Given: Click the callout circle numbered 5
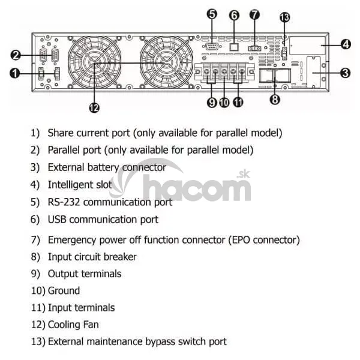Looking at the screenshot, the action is [x=212, y=14].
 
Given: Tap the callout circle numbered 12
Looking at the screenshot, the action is [x=94, y=107].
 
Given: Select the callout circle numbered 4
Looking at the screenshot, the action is [x=346, y=44].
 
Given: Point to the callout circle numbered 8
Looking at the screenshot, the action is [x=275, y=100].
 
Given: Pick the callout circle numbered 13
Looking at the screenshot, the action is [x=284, y=17].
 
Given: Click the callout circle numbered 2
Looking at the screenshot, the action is [x=16, y=55].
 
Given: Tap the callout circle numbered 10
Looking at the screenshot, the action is [x=224, y=103].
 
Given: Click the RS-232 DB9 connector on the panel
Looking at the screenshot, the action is [x=211, y=46].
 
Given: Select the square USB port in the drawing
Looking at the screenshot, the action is [x=234, y=47].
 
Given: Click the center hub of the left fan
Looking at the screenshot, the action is [x=94, y=63].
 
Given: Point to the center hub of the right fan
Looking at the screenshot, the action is [x=167, y=63].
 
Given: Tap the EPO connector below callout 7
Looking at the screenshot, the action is [x=254, y=49].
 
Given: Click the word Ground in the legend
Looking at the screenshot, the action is [x=64, y=290].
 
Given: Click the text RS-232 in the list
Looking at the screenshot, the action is [x=64, y=202].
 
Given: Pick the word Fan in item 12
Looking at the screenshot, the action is [x=91, y=325].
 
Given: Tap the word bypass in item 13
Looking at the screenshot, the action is [x=160, y=342].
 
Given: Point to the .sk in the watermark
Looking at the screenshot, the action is [x=243, y=175].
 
